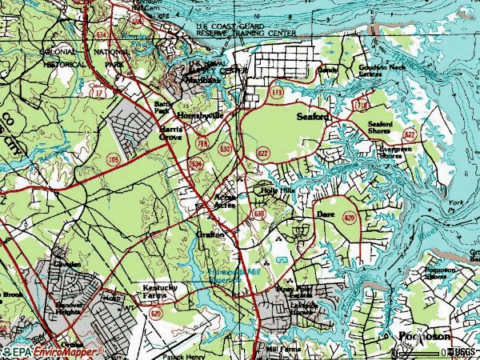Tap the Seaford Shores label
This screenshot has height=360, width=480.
pos(380,128)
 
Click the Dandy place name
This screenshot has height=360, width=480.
pos(328,70)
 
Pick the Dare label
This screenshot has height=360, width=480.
pos(324,215)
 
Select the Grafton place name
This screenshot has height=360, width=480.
pos(211,234)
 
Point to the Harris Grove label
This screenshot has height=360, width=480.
pos(170,132)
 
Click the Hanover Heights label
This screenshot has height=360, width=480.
pos(70,310)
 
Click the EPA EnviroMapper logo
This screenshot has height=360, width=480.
pos(56,351)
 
